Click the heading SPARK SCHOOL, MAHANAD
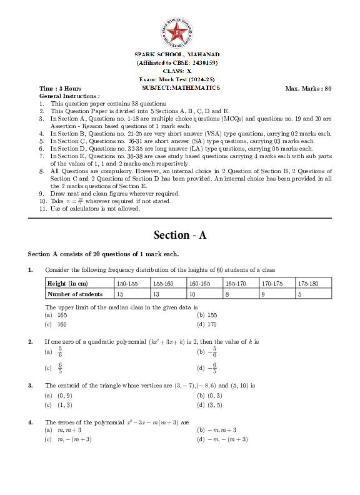point(177,56)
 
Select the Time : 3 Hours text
point(60,89)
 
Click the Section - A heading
point(180,235)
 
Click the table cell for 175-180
point(314,284)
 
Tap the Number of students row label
point(75,294)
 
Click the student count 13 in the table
point(156,294)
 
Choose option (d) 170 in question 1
point(207,324)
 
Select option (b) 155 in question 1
point(207,316)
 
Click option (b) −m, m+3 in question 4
point(216,430)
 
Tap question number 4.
point(30,422)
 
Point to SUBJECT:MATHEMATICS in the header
point(181,88)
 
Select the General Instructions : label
point(69,96)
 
